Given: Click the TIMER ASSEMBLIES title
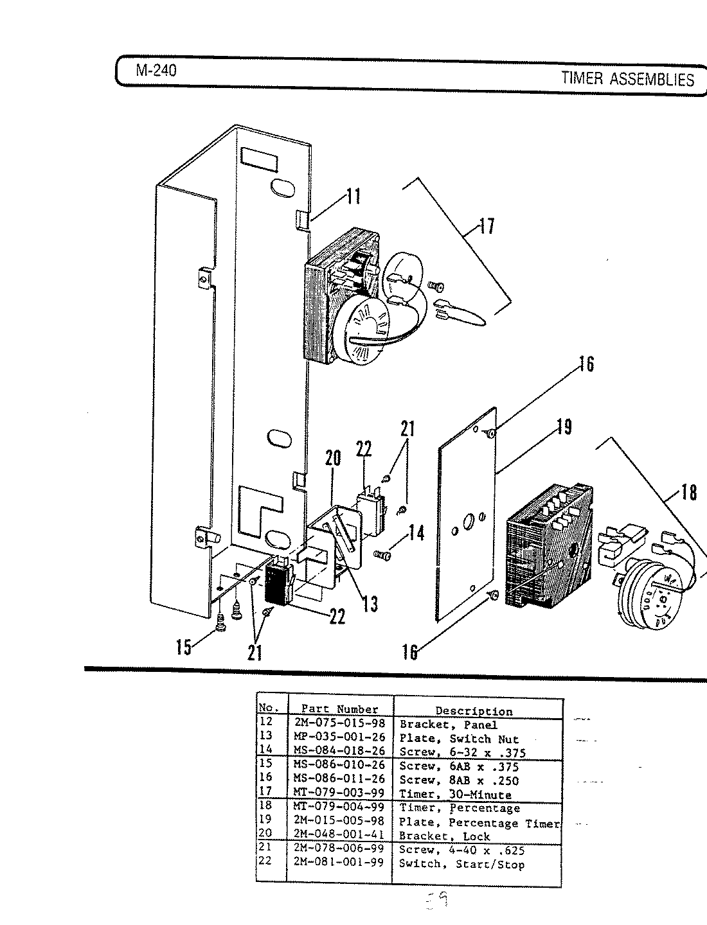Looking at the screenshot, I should click(627, 79).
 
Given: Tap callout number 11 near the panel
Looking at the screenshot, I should click(352, 196).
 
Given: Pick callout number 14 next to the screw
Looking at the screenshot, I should click(416, 533).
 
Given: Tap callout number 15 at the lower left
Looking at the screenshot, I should click(183, 647).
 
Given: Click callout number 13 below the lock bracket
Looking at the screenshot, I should click(370, 603).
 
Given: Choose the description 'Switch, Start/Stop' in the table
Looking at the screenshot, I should click(461, 865).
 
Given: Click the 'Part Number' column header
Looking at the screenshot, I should click(340, 709).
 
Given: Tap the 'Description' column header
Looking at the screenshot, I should click(474, 711).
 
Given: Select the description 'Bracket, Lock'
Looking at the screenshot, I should click(444, 836).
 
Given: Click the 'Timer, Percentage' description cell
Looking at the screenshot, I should click(459, 808).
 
